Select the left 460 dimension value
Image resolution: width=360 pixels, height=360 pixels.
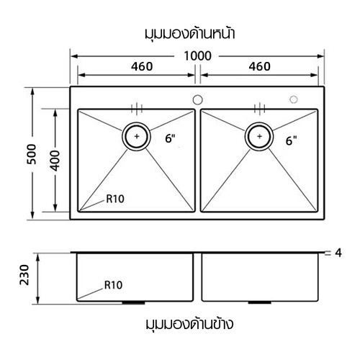tap(136, 66)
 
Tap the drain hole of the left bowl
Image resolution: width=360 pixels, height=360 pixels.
tap(137, 135)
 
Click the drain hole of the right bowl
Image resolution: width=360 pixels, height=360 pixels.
tap(258, 135)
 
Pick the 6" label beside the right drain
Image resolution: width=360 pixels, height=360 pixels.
tap(291, 140)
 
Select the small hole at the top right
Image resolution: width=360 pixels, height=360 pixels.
tap(293, 99)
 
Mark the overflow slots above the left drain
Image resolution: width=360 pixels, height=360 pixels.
tap(137, 109)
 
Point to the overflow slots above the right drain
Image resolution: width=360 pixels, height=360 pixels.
tap(258, 109)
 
